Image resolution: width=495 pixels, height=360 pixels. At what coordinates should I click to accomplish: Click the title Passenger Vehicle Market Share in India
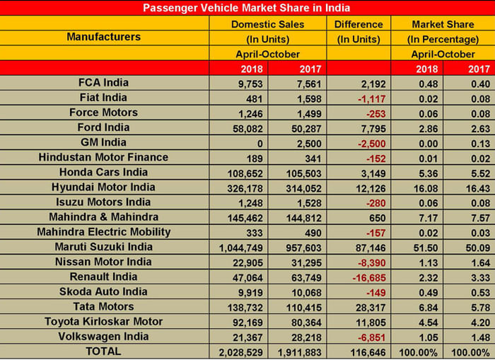point(248,8)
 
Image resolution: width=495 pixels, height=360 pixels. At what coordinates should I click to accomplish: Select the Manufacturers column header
point(103,37)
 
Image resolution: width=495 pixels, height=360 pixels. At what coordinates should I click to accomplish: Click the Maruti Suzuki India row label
point(103,247)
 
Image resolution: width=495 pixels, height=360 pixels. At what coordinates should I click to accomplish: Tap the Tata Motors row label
point(103,306)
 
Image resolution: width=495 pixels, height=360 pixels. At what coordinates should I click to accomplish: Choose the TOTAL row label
point(103,351)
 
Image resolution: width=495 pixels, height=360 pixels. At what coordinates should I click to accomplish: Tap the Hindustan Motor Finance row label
point(103,157)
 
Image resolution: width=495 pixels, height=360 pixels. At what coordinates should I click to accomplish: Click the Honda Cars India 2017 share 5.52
point(471,172)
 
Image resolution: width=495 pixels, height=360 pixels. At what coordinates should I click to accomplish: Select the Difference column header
point(360,24)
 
